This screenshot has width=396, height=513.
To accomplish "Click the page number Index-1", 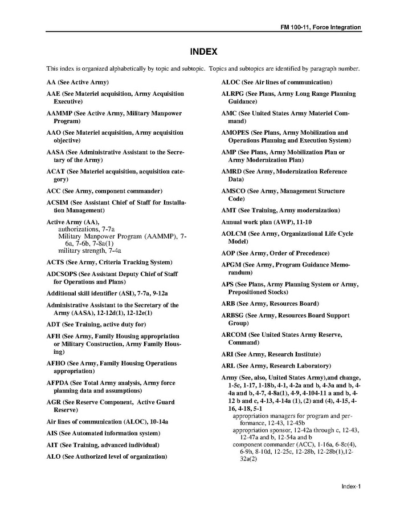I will pos(351,486).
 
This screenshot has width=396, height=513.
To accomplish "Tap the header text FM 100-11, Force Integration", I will pos(321,27).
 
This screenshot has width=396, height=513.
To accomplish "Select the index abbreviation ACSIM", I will pos(57,203).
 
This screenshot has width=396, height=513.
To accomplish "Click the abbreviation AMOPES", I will pos(235,132).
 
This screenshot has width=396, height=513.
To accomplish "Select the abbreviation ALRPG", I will pos(232,94).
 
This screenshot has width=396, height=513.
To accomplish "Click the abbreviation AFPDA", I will pos(57,383).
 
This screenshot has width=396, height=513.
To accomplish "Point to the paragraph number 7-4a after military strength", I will pos(115,251).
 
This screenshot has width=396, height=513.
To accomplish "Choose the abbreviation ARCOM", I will pos(233,335).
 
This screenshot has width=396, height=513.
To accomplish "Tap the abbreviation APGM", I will pos(231,265).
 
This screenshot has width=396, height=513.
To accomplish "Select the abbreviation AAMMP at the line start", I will pos(59,114).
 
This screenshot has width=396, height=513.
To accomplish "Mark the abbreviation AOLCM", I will pos(232,234).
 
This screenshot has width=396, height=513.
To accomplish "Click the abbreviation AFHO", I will pos(56,363).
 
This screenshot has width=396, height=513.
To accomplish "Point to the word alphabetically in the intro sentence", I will pos(131,69).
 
